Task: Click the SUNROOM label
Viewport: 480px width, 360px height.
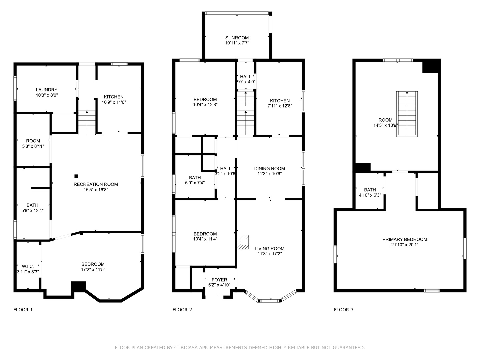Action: (237, 38)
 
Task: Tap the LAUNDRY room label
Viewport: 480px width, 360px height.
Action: (47, 90)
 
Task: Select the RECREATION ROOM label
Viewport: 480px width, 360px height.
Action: (96, 184)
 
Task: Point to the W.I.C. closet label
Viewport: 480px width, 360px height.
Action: (28, 266)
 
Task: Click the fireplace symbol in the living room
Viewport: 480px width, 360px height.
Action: (243, 242)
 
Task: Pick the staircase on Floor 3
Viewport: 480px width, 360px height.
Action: (407, 114)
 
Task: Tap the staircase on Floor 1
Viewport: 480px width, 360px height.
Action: (87, 123)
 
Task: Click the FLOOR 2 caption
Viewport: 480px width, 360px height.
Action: (182, 310)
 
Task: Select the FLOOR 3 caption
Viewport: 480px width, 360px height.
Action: (344, 310)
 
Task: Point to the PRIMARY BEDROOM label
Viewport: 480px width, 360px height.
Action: (405, 239)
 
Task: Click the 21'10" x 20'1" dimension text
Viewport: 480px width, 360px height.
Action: (405, 245)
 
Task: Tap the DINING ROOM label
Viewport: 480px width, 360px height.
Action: (269, 169)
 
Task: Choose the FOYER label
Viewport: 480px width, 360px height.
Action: (219, 280)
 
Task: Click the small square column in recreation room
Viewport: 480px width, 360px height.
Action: (76, 176)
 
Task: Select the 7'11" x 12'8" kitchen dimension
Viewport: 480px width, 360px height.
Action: (280, 106)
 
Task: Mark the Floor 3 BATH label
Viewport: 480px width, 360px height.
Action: (370, 190)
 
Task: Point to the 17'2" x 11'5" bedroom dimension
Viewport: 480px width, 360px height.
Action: (93, 270)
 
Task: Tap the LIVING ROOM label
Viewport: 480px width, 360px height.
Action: (269, 249)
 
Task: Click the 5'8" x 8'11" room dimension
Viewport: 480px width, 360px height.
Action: (33, 146)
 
